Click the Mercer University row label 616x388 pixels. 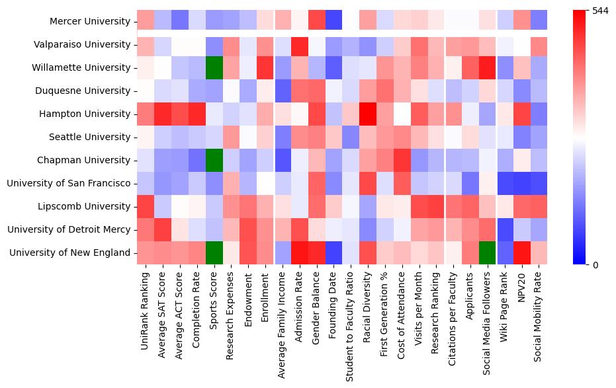point(89,21)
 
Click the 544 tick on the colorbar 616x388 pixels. point(599,11)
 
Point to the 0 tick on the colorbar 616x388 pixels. point(595,265)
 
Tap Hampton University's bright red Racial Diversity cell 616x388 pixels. point(369,114)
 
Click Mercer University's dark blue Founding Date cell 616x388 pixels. point(334,21)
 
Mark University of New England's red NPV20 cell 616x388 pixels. point(523,252)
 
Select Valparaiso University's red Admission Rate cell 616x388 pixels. point(300,44)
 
